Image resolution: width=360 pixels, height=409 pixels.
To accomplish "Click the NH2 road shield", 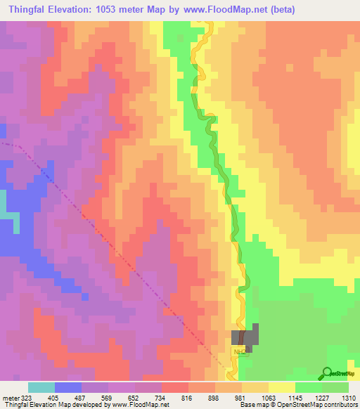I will point(240,349).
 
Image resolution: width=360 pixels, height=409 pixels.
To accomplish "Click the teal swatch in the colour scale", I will point(41,388).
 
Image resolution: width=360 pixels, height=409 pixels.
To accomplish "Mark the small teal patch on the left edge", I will point(3,204).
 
